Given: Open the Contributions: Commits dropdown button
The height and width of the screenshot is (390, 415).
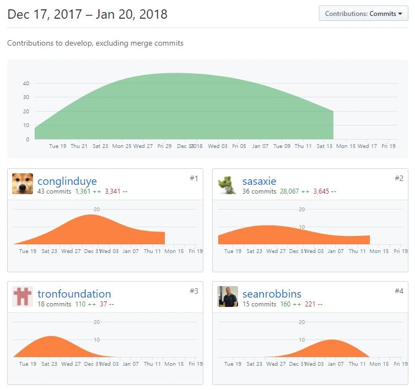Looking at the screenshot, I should (363, 14).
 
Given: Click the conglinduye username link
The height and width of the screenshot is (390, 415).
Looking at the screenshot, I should (67, 182).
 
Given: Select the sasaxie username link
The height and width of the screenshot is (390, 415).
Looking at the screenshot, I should (259, 182).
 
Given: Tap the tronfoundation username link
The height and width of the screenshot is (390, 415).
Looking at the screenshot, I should (74, 294).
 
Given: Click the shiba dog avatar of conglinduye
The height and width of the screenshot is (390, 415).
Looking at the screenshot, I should (23, 184).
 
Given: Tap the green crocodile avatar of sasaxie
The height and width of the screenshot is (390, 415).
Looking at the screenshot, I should (228, 184).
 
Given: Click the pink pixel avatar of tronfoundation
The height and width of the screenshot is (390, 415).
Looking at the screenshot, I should (23, 296).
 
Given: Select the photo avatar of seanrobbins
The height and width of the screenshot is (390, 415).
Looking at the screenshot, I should (228, 296).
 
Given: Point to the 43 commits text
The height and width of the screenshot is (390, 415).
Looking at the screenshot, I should (54, 191).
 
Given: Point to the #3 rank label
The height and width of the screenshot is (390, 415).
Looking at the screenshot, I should (193, 290).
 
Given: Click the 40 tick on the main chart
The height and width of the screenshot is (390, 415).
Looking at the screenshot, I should (25, 84).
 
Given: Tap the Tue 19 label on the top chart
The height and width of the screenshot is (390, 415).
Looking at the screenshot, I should (58, 146).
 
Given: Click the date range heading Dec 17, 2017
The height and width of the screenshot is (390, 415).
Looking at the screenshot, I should (87, 14).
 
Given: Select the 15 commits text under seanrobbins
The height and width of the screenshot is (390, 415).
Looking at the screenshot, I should (259, 304).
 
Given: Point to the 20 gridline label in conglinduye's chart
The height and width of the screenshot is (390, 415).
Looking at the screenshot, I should (97, 210).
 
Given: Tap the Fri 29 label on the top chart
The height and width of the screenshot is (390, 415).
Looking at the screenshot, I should (164, 146).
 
